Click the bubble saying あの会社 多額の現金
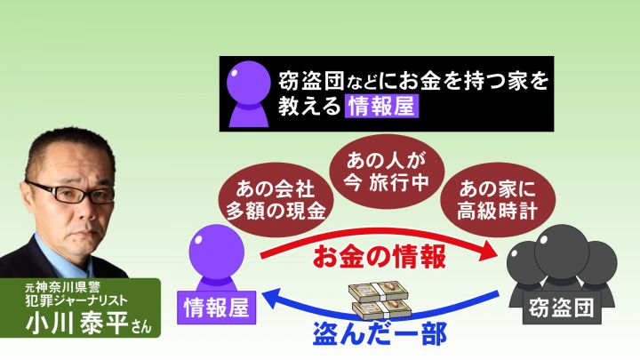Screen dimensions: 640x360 pyautogui.click(x=276, y=200)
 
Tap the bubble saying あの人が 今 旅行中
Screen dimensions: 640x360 pyautogui.click(x=387, y=172)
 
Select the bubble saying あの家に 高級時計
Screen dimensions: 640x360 pyautogui.click(x=498, y=200)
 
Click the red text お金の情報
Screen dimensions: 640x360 pyautogui.click(x=380, y=256)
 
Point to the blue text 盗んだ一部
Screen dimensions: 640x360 pyautogui.click(x=380, y=333)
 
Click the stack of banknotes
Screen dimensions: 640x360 pyautogui.click(x=380, y=301)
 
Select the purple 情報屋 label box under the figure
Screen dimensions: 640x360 pyautogui.click(x=216, y=308)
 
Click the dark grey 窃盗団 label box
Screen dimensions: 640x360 pyautogui.click(x=562, y=308)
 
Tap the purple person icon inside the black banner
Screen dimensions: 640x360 pyautogui.click(x=249, y=94)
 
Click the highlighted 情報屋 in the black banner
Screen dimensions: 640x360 pyautogui.click(x=381, y=106)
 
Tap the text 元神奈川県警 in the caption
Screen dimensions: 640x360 pyautogui.click(x=62, y=287)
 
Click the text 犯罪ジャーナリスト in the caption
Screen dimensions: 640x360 pyautogui.click(x=76, y=300)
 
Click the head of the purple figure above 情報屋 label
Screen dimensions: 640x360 pyautogui.click(x=216, y=252)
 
